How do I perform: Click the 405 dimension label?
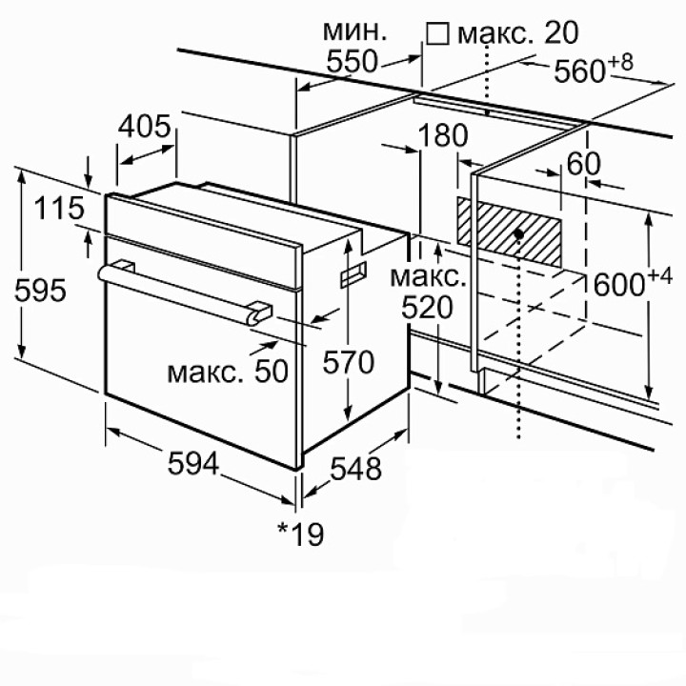[x=146, y=126]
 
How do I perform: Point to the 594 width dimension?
[x=193, y=464]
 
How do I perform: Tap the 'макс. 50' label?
[x=227, y=372]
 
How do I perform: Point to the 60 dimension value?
[x=582, y=163]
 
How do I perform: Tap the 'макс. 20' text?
[x=517, y=33]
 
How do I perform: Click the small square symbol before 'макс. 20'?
[x=437, y=34]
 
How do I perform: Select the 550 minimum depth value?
[x=353, y=63]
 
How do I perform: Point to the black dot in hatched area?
[x=517, y=232]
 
